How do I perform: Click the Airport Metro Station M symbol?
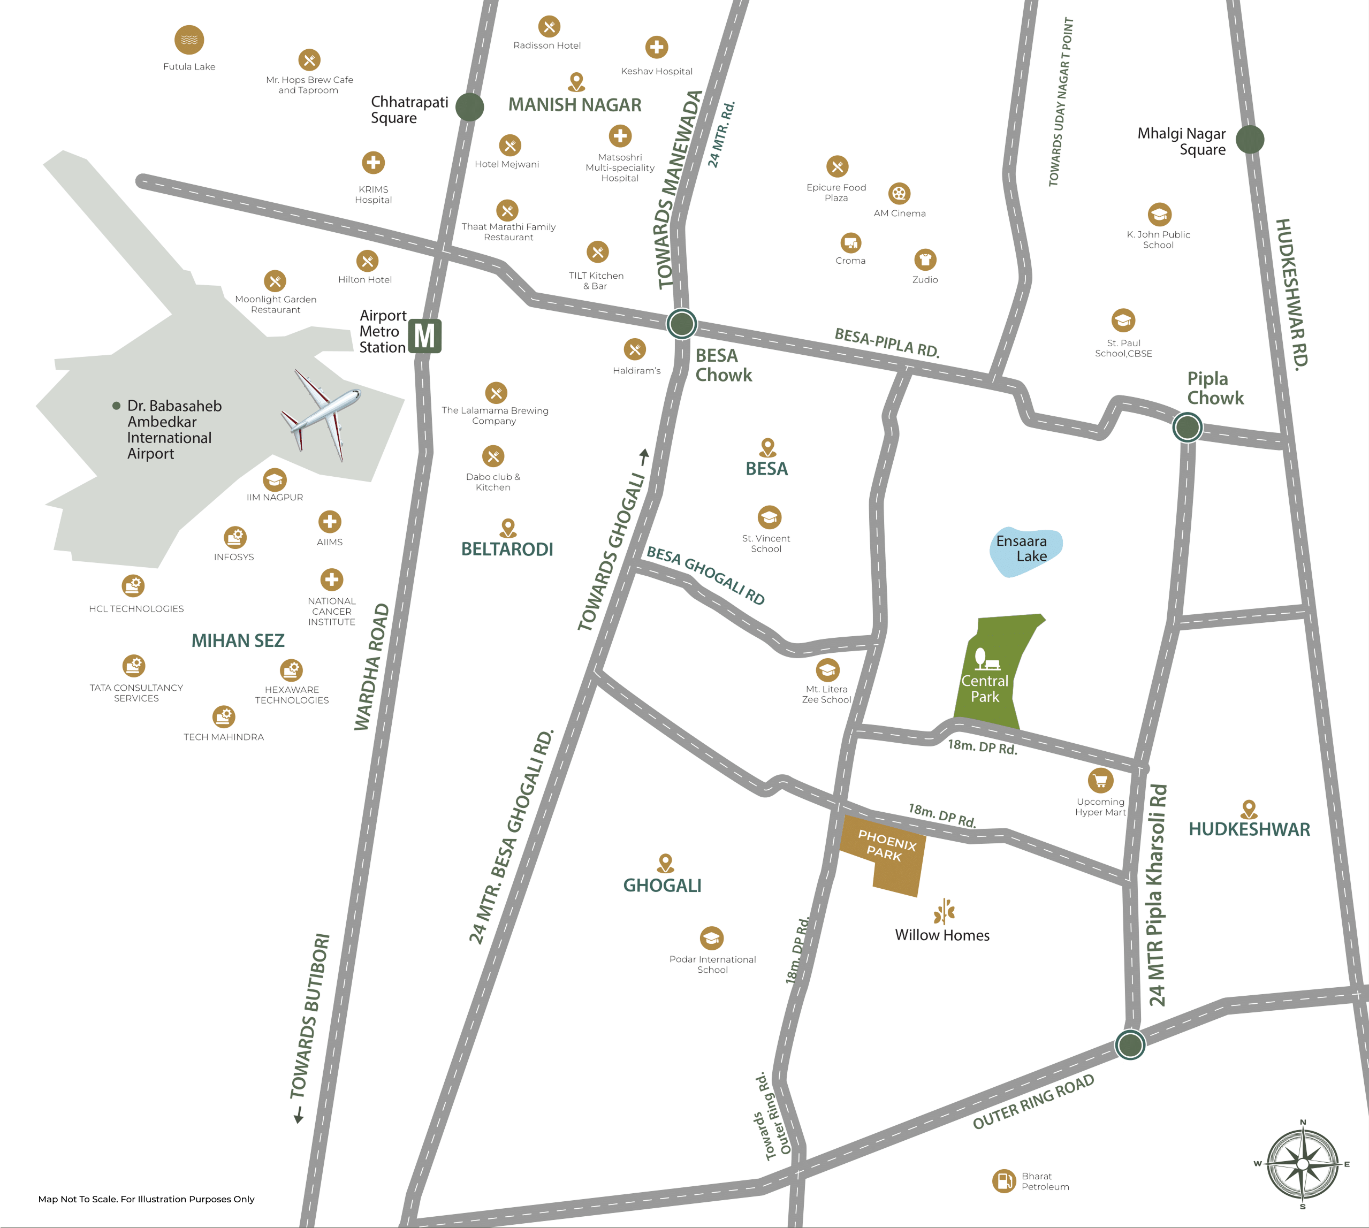click(x=424, y=336)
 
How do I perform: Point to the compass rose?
click(x=1302, y=1164)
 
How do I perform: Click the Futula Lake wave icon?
click(x=189, y=40)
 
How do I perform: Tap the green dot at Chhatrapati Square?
click(x=469, y=106)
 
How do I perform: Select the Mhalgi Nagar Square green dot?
click(x=1250, y=139)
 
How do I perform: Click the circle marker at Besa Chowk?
click(x=681, y=324)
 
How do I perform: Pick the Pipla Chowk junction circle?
click(x=1187, y=427)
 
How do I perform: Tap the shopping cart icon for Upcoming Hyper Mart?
click(x=1100, y=781)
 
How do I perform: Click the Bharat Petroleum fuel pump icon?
click(x=1004, y=1181)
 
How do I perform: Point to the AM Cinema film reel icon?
click(x=899, y=194)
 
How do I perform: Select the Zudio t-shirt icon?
click(x=925, y=260)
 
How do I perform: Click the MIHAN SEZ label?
click(x=238, y=640)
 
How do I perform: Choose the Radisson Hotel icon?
click(x=549, y=27)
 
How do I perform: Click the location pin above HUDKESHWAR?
click(x=1249, y=809)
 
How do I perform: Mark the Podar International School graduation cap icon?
click(x=712, y=938)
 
